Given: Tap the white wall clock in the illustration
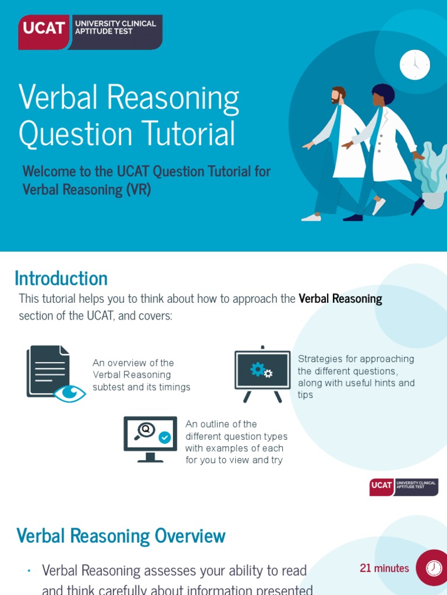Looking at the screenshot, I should pos(414,64).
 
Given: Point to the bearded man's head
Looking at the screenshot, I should pos(338,95).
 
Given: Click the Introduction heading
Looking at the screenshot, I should pos(61,278).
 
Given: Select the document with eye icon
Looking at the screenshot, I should pos(52,373).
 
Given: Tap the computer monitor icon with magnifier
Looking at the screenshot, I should pos(150,438).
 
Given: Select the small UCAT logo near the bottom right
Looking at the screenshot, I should pos(403,486).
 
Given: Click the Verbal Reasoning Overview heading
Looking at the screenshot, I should pos(121,536).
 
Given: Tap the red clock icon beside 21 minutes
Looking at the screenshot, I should pos(433,568).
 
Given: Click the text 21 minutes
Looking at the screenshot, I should pos(384,568).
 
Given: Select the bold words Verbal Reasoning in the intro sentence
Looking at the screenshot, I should pos(340,299).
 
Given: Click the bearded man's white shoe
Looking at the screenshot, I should pos(311,218).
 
